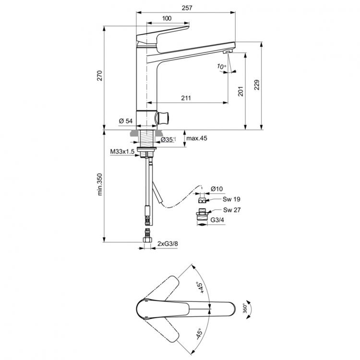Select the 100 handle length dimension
click(167, 18)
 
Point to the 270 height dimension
click(100, 76)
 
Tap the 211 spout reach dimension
click(186, 98)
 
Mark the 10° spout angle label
click(221, 67)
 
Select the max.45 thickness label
click(197, 139)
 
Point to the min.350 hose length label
click(100, 184)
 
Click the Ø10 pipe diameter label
click(216, 189)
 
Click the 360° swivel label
click(246, 307)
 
